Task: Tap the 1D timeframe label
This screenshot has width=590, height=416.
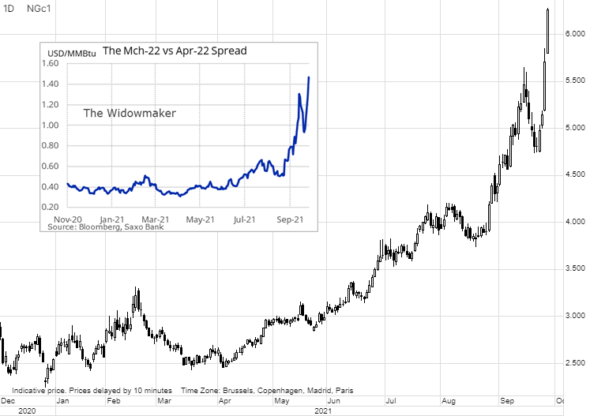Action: pyautogui.click(x=9, y=8)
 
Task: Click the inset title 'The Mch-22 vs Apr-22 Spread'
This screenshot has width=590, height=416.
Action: pyautogui.click(x=175, y=51)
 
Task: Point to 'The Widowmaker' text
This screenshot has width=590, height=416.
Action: pyautogui.click(x=130, y=113)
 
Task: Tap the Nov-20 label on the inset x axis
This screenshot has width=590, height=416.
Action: pyautogui.click(x=67, y=219)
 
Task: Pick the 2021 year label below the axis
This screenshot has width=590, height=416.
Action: pyautogui.click(x=322, y=410)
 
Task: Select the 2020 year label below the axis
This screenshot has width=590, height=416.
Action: pyautogui.click(x=26, y=410)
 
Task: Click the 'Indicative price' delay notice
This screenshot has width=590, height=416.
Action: pyautogui.click(x=92, y=391)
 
